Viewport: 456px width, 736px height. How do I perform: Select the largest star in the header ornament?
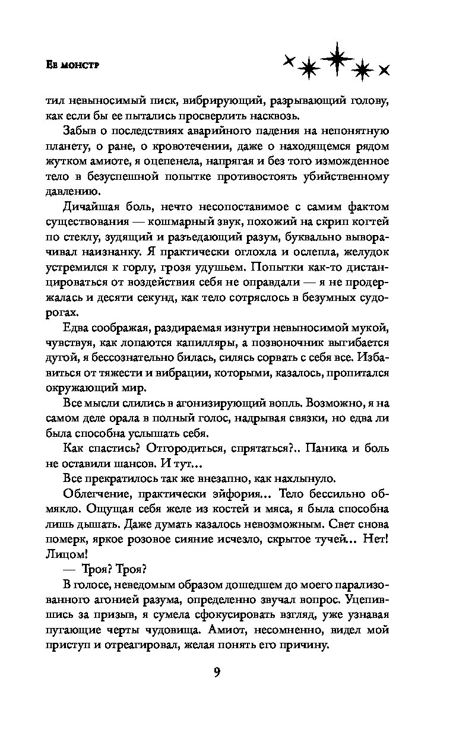pos(335,58)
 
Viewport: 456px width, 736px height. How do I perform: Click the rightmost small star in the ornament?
pos(384,70)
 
